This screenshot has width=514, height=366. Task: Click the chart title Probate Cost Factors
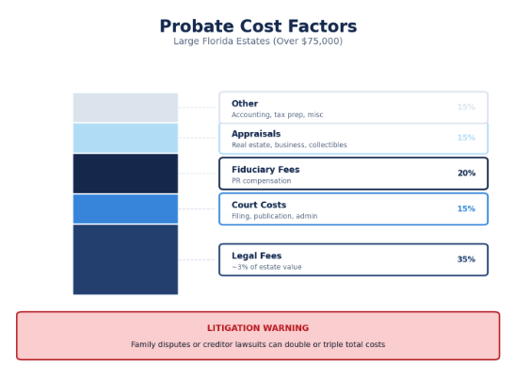pos(257,26)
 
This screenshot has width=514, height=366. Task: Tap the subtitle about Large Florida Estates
pos(257,42)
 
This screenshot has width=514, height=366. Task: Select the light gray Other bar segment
pos(125,108)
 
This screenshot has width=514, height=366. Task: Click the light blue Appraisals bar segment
pos(125,138)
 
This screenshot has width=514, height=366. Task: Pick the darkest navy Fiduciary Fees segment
pos(125,174)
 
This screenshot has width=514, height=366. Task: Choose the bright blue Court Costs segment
pos(125,208)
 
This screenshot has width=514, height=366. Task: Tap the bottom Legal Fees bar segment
pos(125,259)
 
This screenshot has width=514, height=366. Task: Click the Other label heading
pos(245,104)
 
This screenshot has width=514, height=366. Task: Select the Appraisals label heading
pos(256,134)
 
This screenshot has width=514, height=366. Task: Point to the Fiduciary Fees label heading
pos(265,170)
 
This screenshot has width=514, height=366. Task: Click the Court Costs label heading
pos(259,205)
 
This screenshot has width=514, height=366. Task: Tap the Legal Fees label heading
pos(256,256)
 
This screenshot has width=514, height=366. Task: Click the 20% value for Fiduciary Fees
pos(466,174)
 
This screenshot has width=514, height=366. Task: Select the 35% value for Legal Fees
pos(466,259)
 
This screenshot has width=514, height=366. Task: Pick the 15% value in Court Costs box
pos(466,208)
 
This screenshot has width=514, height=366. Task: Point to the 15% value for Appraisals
pos(466,138)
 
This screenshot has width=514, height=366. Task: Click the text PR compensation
pos(262,181)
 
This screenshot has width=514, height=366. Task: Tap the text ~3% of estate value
pos(266,267)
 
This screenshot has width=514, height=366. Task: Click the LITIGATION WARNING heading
pos(257,328)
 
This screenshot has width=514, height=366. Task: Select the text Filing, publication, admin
pos(274,216)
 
